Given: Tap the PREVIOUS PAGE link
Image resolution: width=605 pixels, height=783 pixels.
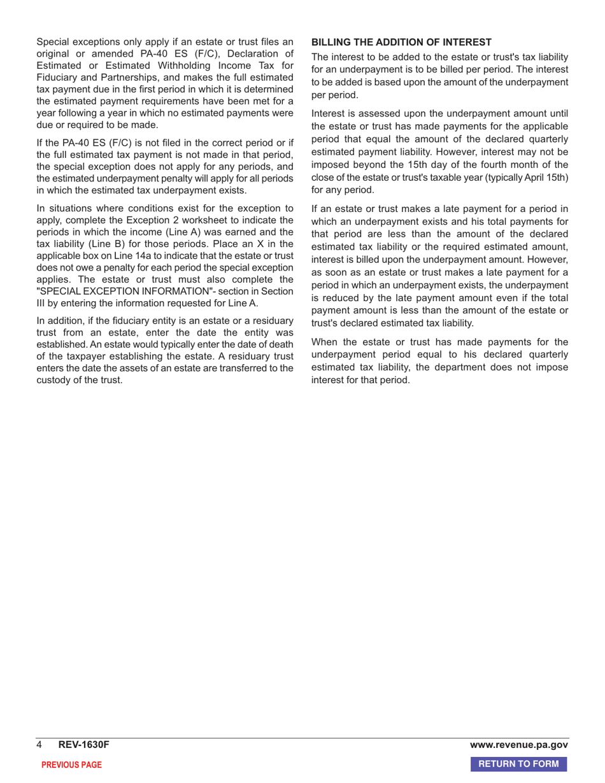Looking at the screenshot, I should (71, 765).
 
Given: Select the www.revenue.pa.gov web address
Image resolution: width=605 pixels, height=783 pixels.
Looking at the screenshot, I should (519, 745).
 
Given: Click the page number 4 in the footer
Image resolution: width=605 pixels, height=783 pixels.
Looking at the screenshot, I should (39, 745).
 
